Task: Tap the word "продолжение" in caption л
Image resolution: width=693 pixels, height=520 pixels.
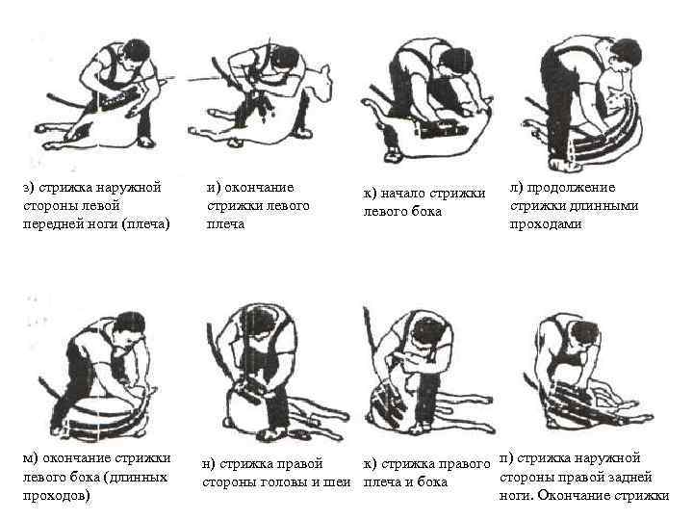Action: (x=571, y=188)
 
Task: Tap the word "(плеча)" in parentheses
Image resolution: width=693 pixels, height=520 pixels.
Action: (x=145, y=224)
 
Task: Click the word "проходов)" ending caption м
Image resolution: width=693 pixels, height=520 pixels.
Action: (x=56, y=496)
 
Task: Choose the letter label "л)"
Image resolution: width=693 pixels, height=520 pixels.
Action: (x=516, y=188)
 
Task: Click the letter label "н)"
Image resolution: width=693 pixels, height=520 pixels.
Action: (x=209, y=464)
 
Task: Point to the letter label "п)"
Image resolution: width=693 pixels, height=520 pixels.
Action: (x=506, y=458)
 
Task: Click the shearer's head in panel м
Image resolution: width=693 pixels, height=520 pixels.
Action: (x=129, y=328)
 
